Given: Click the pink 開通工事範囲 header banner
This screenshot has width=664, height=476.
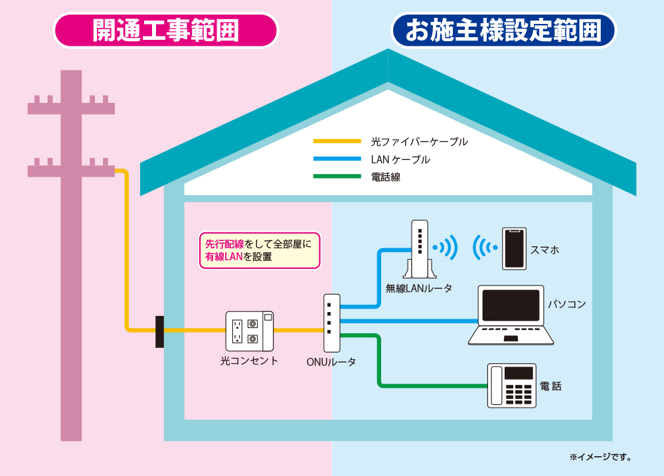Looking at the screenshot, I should pyautogui.click(x=166, y=31).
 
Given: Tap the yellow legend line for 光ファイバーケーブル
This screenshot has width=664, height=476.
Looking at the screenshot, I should pyautogui.click(x=337, y=141).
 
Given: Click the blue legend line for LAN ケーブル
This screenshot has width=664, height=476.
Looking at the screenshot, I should pyautogui.click(x=337, y=159).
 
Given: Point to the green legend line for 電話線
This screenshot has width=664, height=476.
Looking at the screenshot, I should pyautogui.click(x=337, y=177).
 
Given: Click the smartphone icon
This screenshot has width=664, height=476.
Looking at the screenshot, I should pyautogui.click(x=513, y=249).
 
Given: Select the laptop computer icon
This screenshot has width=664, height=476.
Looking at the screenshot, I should pyautogui.click(x=511, y=315).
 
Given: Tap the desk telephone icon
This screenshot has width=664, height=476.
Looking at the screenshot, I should pyautogui.click(x=512, y=385).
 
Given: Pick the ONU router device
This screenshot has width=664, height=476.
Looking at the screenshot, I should pyautogui.click(x=331, y=323).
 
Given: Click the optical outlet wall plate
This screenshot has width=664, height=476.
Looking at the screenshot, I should pyautogui.click(x=249, y=331).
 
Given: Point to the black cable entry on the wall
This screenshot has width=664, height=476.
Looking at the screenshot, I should pyautogui.click(x=159, y=331).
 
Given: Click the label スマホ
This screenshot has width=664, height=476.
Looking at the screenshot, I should pyautogui.click(x=544, y=250).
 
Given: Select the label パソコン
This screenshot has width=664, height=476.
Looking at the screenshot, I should pyautogui.click(x=566, y=304).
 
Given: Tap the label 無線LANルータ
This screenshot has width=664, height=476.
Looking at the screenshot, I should pyautogui.click(x=419, y=288).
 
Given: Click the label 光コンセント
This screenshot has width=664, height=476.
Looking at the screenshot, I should pyautogui.click(x=249, y=361).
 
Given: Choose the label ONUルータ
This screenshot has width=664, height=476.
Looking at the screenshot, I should pyautogui.click(x=331, y=362).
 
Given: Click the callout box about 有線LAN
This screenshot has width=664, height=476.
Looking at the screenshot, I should pyautogui.click(x=260, y=250).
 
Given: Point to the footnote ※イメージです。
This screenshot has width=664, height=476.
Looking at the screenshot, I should pyautogui.click(x=600, y=457).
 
